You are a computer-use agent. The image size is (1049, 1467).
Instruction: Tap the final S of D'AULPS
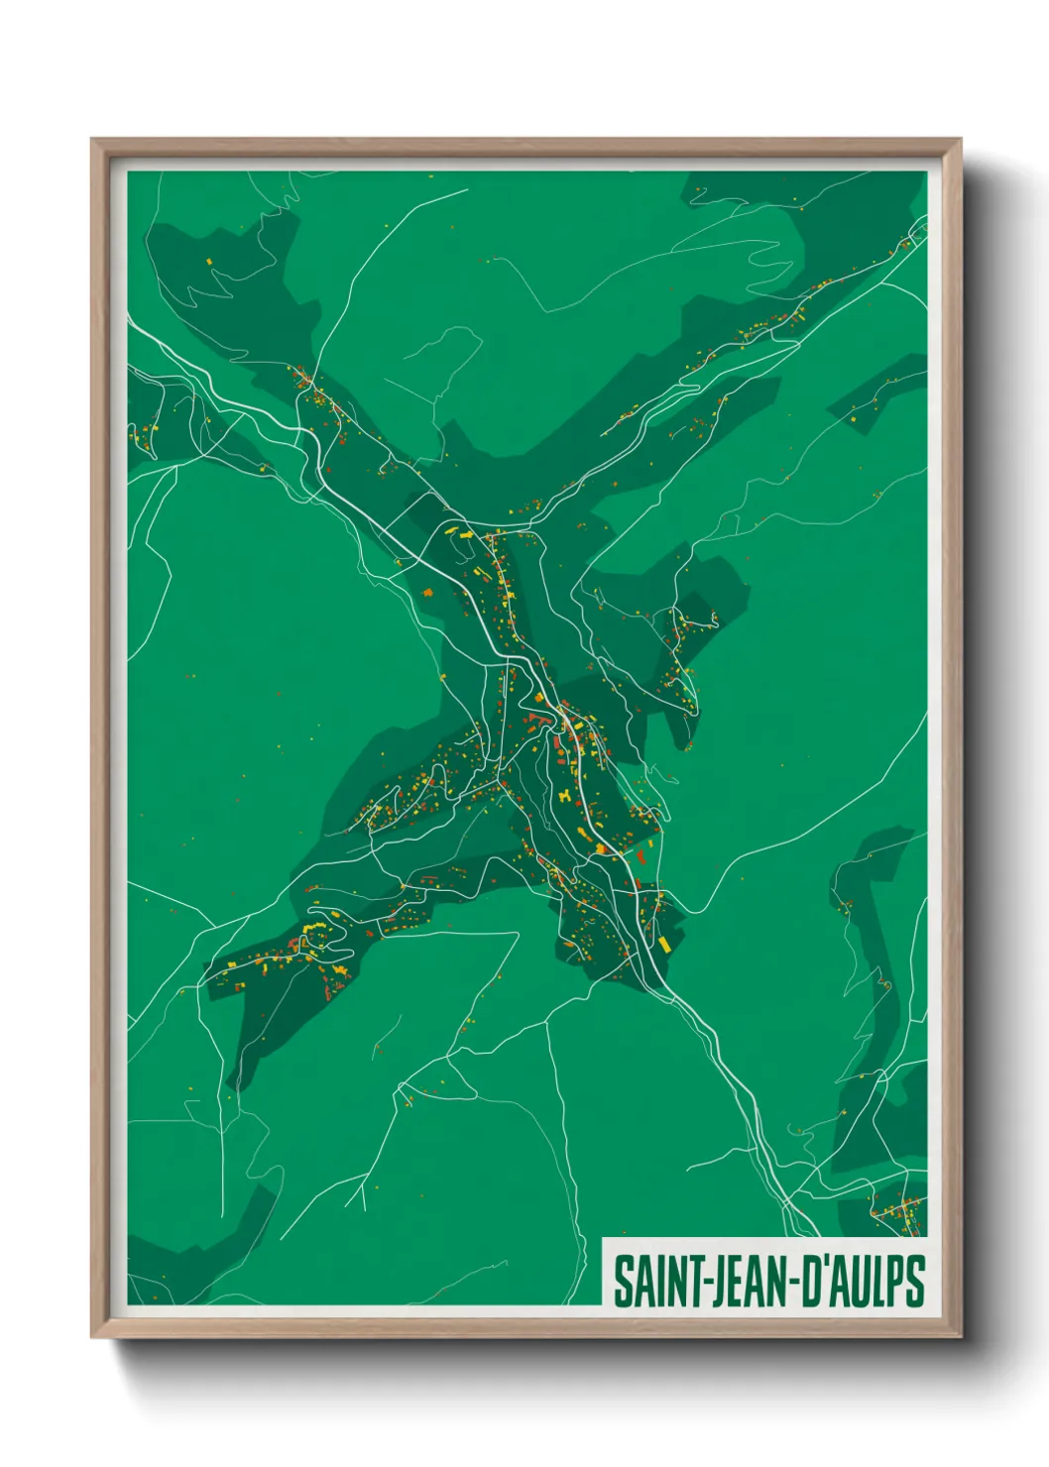click(x=914, y=1282)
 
